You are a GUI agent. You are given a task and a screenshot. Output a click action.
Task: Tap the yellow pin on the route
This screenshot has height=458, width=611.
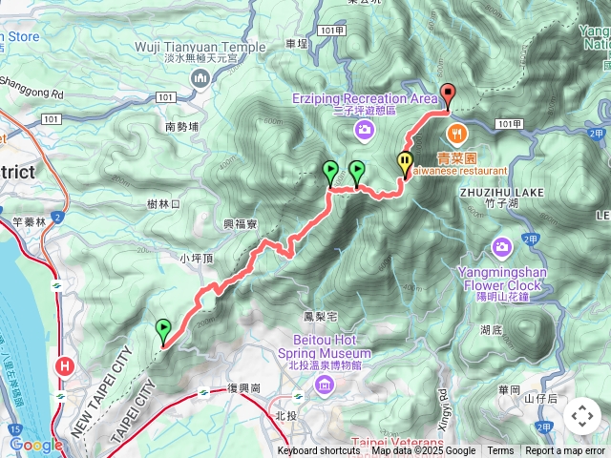(x=405, y=164)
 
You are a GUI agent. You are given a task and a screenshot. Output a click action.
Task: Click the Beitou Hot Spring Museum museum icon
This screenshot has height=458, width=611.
(x=325, y=385)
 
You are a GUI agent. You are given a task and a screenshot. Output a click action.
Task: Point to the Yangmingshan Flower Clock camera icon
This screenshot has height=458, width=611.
(x=501, y=248)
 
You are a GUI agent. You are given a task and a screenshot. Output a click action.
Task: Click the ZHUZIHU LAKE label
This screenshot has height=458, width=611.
(x=501, y=192)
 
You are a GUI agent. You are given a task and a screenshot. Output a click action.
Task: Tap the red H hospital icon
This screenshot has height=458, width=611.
(x=65, y=364)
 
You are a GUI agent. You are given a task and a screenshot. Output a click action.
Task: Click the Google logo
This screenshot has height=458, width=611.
(x=36, y=445)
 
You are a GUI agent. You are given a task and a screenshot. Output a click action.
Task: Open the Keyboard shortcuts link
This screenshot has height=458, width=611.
(x=318, y=451)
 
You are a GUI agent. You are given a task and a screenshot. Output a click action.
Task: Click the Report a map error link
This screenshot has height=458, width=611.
(x=564, y=451)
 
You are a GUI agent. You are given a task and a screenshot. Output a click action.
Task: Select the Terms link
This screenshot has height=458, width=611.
(x=500, y=451)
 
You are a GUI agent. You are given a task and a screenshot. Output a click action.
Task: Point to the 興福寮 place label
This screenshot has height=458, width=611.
(x=242, y=224)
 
